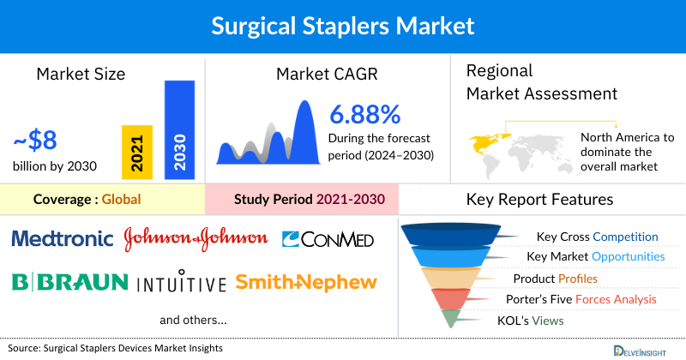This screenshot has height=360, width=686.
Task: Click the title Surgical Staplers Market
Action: point(343,26)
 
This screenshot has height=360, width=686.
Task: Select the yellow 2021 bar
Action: point(137,150)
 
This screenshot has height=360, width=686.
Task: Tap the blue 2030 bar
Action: point(179,130)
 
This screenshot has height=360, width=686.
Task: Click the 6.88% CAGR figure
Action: point(364,113)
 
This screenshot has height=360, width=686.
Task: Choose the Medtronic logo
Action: point(63,238)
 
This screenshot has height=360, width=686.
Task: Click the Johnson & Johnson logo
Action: point(197,239)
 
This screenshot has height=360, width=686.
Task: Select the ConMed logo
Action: point(328,239)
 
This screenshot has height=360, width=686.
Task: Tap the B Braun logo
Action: point(69,281)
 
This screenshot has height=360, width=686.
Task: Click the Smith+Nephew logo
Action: point(305,282)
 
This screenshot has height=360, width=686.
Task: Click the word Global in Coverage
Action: point(121,200)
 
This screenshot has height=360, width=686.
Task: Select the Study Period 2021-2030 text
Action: point(310,200)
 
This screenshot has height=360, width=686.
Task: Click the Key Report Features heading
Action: point(539,200)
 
